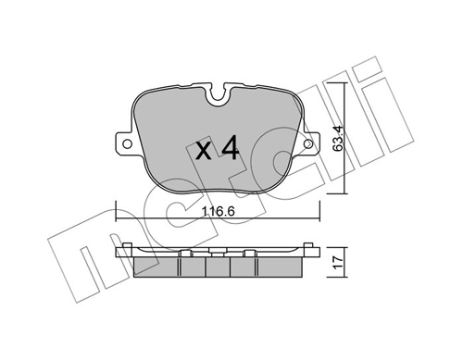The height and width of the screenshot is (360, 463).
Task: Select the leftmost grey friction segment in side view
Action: (x=156, y=266)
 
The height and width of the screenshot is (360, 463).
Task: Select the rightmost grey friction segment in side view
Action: (x=283, y=266)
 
